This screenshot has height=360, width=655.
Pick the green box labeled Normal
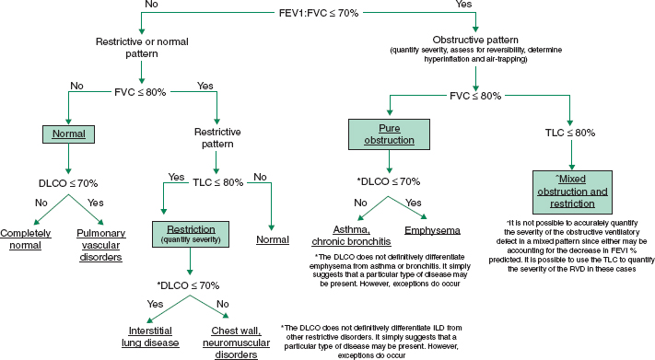(69, 134)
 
